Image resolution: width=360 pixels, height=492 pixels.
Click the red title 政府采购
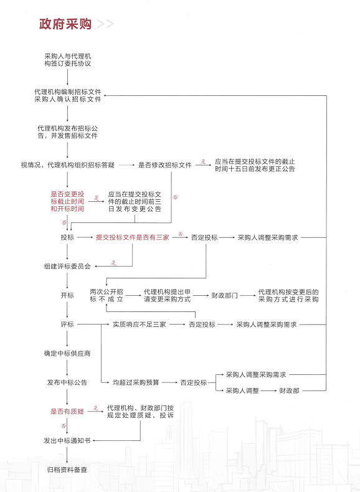pyautogui.click(x=65, y=24)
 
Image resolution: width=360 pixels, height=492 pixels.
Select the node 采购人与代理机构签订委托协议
pyautogui.click(x=67, y=60)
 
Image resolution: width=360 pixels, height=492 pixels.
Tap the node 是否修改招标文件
pyautogui.click(x=165, y=165)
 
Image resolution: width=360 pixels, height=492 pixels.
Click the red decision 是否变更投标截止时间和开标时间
pyautogui.click(x=67, y=201)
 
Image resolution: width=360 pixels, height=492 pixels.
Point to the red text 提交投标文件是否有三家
pyautogui.click(x=133, y=237)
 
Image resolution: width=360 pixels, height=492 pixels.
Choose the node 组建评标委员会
pyautogui.click(x=67, y=267)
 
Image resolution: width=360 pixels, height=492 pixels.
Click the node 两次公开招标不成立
pyautogui.click(x=107, y=296)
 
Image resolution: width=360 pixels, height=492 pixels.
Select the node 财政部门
pyautogui.click(x=224, y=296)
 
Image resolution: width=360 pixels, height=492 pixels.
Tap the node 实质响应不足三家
pyautogui.click(x=140, y=324)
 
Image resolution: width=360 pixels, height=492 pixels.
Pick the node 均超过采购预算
pyautogui.click(x=136, y=382)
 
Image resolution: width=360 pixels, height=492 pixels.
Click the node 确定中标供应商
pyautogui.click(x=67, y=354)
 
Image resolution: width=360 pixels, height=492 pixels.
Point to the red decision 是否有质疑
pyautogui.click(x=67, y=412)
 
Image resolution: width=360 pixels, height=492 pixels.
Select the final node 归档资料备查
pyautogui.click(x=67, y=470)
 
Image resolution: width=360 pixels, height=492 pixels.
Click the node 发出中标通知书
pyautogui.click(x=67, y=440)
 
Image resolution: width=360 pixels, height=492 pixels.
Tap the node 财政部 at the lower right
pyautogui.click(x=289, y=390)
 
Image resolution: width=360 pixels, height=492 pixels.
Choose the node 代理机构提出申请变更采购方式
pyautogui.click(x=167, y=296)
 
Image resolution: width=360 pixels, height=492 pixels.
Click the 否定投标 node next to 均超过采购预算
pyautogui.click(x=194, y=382)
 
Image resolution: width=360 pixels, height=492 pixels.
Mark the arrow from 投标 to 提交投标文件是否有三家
pyautogui.click(x=85, y=237)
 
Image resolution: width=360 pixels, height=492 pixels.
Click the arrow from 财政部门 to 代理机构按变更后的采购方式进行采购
pyautogui.click(x=248, y=296)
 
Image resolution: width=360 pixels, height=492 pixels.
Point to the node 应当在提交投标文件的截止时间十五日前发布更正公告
pyautogui.click(x=255, y=165)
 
